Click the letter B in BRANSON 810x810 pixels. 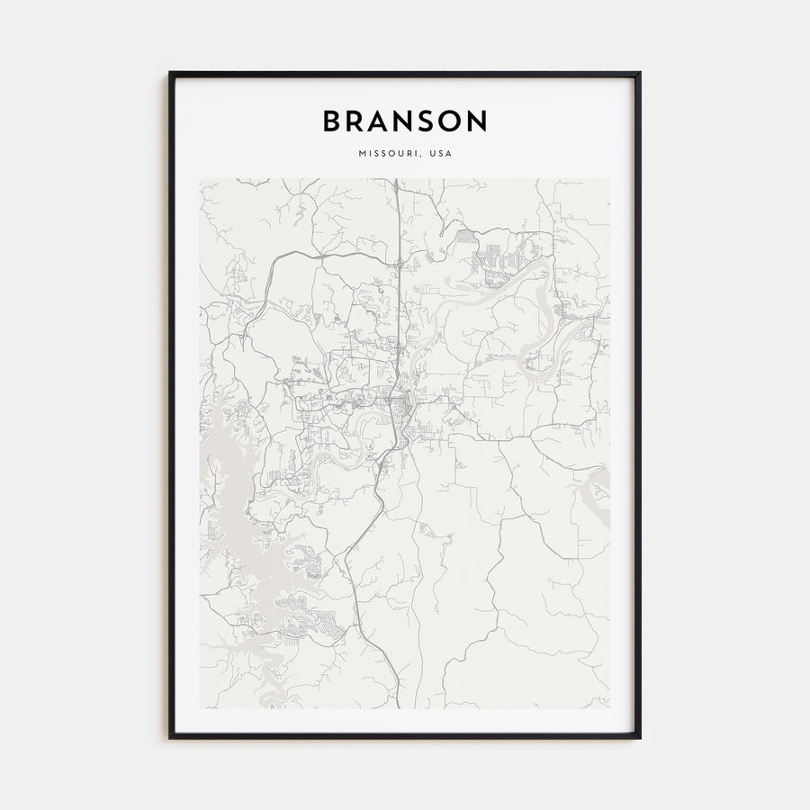[332, 121]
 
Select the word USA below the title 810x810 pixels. [441, 154]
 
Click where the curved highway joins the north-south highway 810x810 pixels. [397, 264]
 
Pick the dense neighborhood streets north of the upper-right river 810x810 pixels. [495, 256]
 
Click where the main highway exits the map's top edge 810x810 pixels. [396, 180]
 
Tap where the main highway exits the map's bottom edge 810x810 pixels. [399, 706]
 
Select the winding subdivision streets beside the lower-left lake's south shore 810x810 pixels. [306, 621]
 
